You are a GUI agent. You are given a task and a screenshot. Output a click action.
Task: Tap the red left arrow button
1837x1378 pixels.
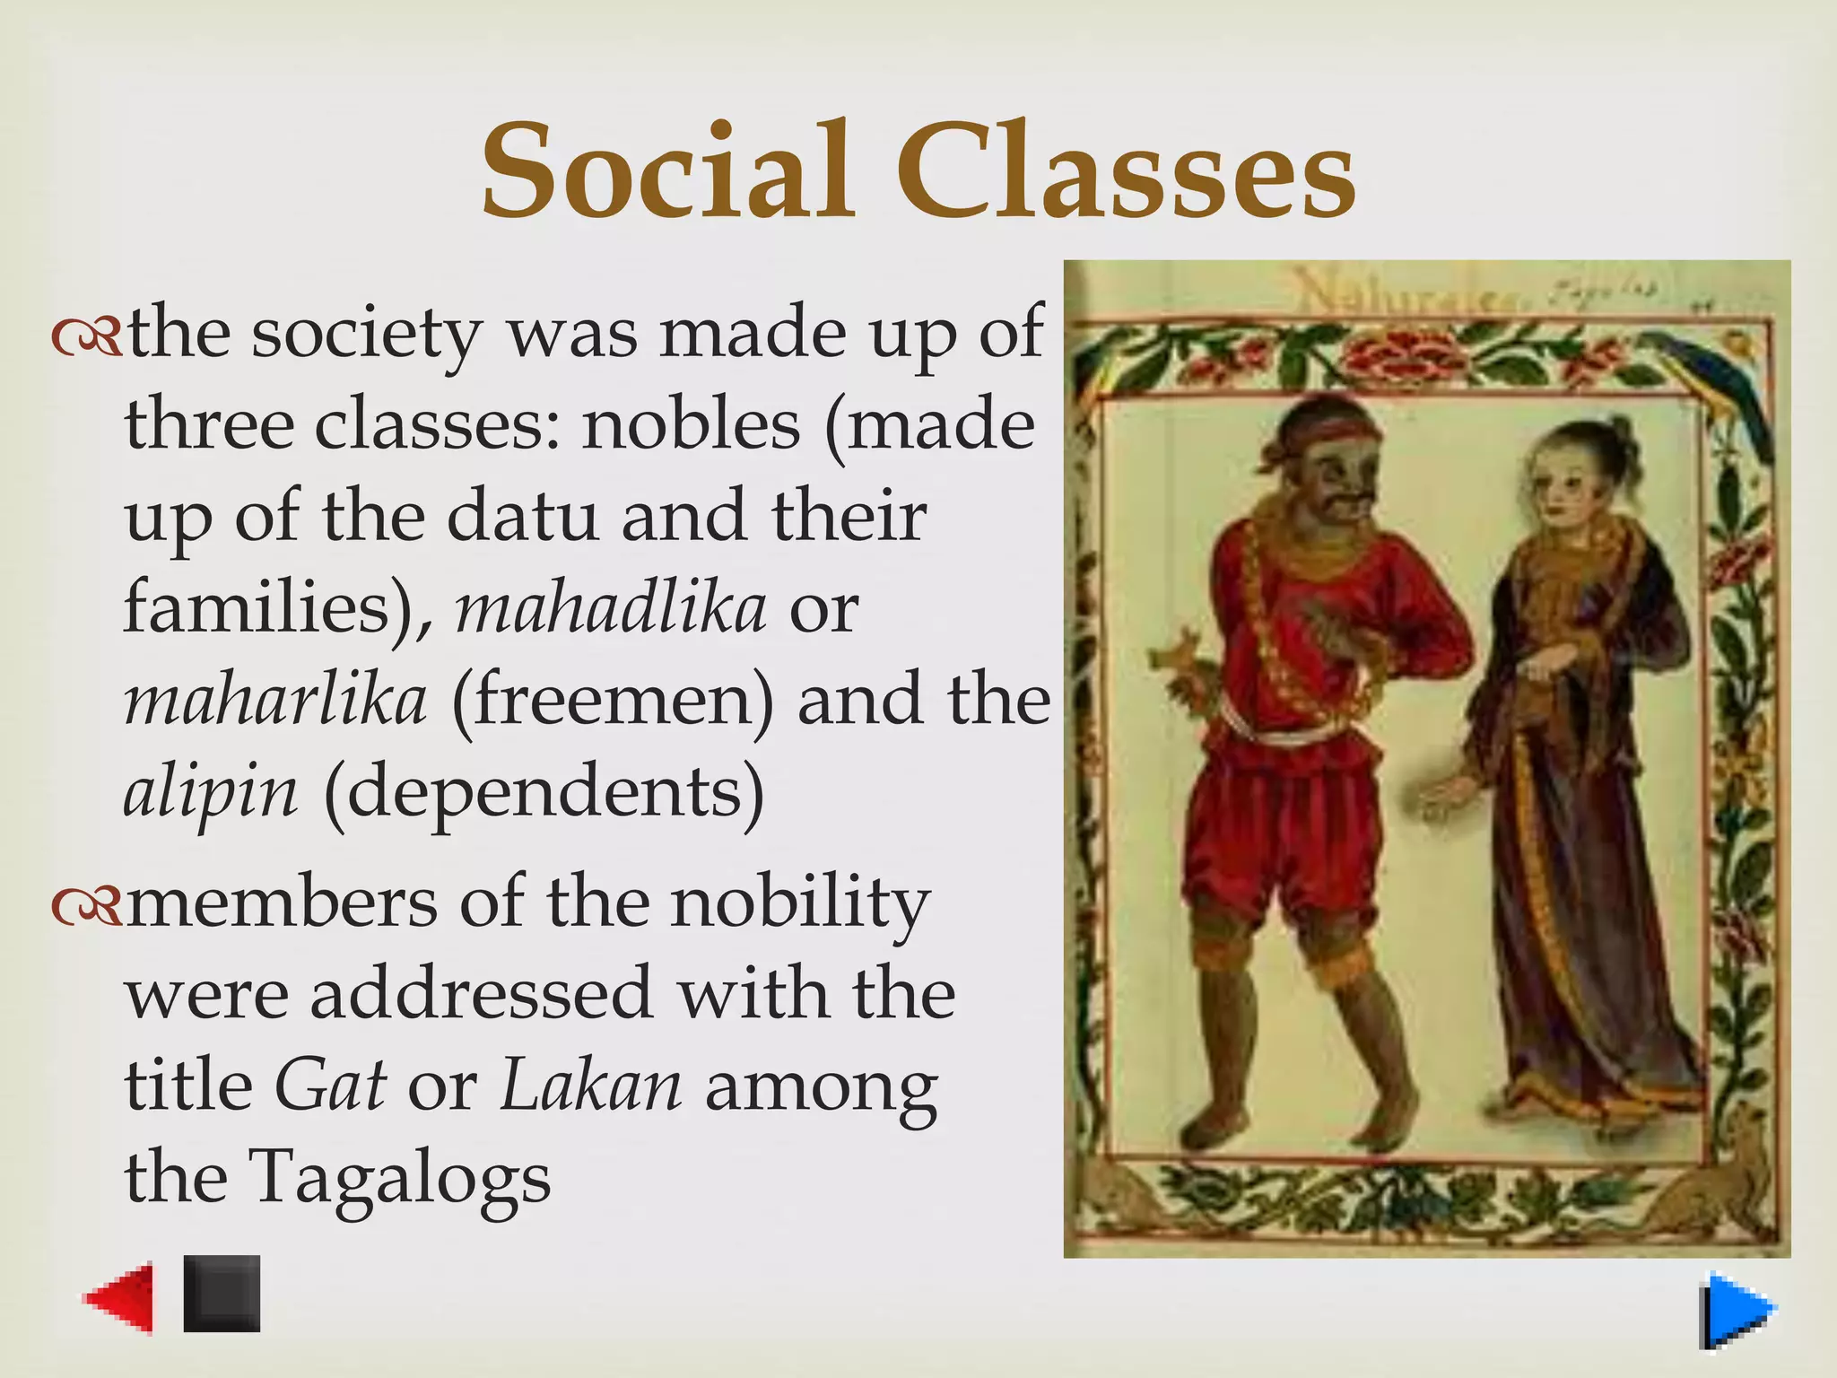[x=120, y=1297]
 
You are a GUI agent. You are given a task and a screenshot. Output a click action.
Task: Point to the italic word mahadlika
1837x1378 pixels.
[x=611, y=608]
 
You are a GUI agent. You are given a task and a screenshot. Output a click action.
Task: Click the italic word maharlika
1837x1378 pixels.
[x=274, y=701]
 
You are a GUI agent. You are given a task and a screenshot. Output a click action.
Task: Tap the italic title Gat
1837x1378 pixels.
[x=330, y=1086]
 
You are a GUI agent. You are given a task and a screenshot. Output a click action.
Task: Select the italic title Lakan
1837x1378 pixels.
[x=590, y=1086]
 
